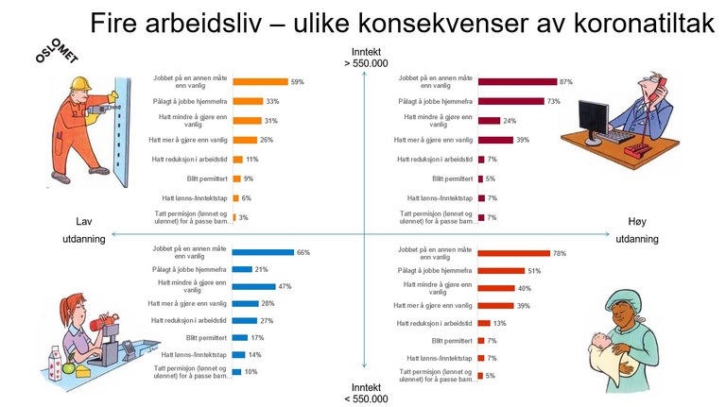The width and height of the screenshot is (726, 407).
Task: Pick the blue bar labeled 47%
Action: coord(253,286)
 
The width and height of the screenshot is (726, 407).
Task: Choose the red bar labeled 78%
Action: coord(513,253)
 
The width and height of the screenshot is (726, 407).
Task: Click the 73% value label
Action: coord(553,101)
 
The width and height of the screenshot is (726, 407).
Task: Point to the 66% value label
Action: coord(302,253)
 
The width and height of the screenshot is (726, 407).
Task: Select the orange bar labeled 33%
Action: coord(248,101)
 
